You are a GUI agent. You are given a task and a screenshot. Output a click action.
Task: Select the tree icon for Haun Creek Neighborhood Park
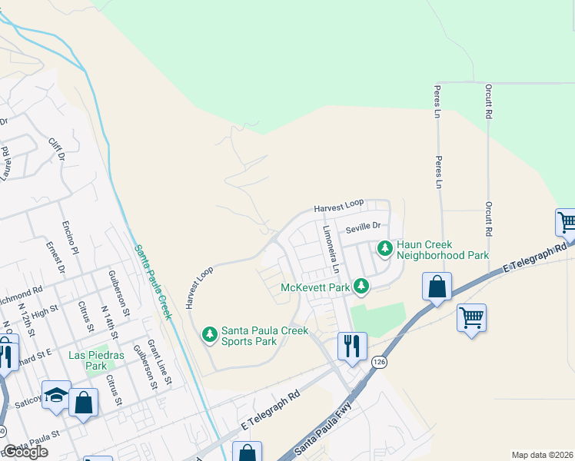384,249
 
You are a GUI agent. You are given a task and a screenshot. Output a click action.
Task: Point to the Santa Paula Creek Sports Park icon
209,334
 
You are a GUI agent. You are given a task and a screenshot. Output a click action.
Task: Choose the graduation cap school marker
56,394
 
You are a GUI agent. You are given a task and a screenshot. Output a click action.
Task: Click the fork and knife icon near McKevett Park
352,345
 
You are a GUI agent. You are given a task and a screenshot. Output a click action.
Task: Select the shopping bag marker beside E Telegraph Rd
437,287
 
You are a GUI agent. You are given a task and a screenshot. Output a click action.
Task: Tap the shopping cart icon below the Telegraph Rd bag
471,317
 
